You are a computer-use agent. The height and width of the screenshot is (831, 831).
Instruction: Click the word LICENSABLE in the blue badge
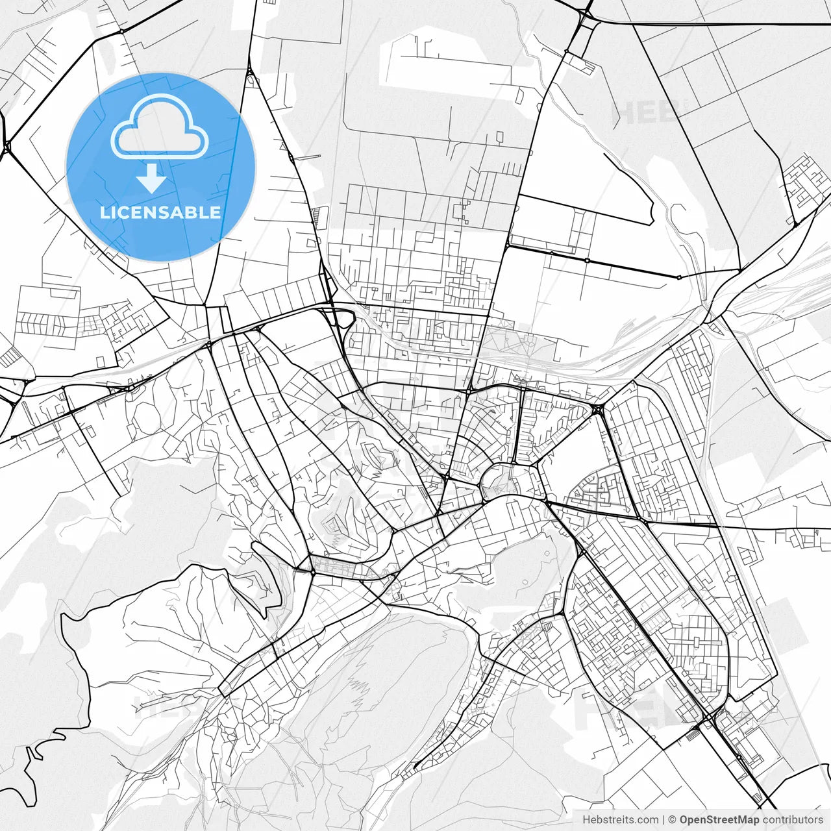(x=160, y=212)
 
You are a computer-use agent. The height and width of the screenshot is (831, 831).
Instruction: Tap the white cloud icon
(x=160, y=128)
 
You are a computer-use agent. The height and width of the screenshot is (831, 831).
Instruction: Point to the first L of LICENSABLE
(x=104, y=212)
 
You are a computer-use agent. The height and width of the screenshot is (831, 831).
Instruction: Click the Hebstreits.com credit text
(x=620, y=820)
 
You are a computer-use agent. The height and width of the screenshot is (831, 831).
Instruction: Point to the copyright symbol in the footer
(x=673, y=820)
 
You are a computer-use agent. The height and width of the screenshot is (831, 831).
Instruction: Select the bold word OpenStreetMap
(x=719, y=820)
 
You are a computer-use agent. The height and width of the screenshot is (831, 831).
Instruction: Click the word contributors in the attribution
(x=793, y=820)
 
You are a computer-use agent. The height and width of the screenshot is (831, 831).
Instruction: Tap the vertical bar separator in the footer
(x=664, y=820)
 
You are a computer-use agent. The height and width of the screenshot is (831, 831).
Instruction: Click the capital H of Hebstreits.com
(x=586, y=820)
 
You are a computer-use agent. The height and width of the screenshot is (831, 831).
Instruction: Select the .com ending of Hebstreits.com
(x=647, y=820)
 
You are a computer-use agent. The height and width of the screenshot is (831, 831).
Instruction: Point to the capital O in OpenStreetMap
(x=684, y=820)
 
